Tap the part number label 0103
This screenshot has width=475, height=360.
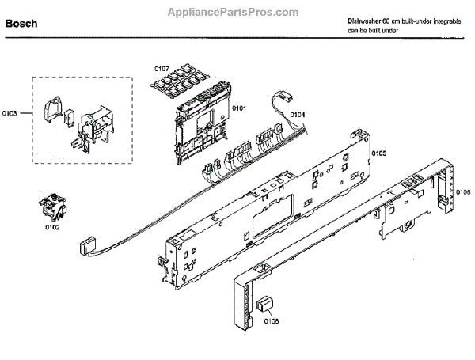pos(10,114)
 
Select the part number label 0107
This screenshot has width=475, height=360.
pos(161,69)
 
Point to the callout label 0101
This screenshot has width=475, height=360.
pos(238,108)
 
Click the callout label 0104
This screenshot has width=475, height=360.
pos(297,116)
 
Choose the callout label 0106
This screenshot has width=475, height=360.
pos(463,191)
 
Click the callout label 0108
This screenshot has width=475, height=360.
pos(271,321)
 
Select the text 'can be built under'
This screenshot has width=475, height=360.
pos(373,30)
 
